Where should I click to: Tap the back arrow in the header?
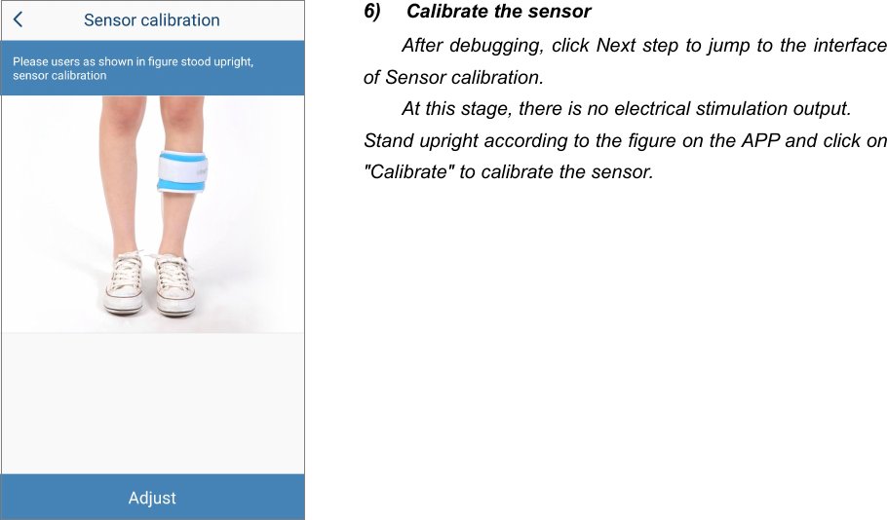coord(18,19)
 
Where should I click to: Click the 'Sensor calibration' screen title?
coord(151,19)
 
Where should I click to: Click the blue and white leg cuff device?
coord(185,171)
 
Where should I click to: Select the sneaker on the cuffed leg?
coord(175,284)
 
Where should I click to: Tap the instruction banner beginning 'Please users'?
coord(133,68)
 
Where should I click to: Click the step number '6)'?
coord(372,12)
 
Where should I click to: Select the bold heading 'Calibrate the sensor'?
coord(498,12)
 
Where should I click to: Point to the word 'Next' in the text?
coord(615,46)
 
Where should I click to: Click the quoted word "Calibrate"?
coord(404,172)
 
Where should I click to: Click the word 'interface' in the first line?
coord(850,46)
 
